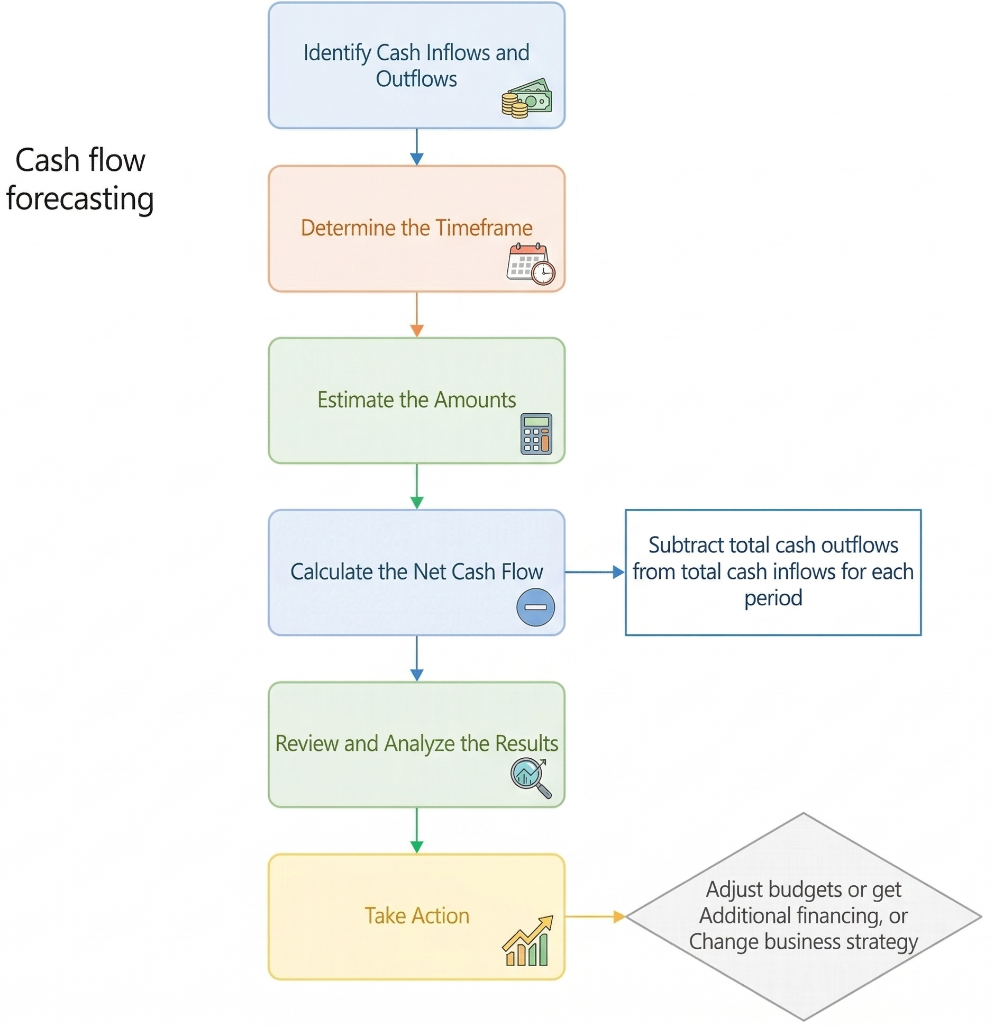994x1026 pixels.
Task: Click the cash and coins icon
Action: pos(526,98)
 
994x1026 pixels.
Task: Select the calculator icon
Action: pos(536,433)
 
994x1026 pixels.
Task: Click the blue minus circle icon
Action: pos(535,607)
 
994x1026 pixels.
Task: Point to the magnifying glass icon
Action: pos(530,777)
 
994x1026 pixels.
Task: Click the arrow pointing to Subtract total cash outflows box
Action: pos(594,571)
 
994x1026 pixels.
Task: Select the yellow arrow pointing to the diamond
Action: pos(594,916)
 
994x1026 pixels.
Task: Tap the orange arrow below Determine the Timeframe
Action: pos(416,314)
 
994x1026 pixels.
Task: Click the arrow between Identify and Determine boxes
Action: pos(416,147)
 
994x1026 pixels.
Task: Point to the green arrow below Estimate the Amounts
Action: pos(416,486)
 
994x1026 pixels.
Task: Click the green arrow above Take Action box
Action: pos(416,830)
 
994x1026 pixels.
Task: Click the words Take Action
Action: pos(416,915)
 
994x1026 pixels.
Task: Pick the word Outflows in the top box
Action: pos(416,79)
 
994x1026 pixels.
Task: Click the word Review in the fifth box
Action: pos(307,743)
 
